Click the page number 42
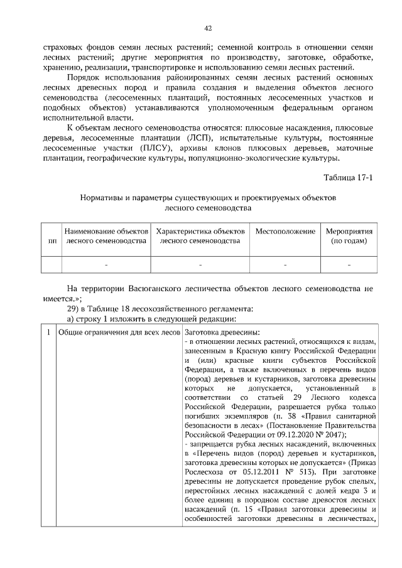tap(208, 28)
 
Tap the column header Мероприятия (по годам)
tap(349, 236)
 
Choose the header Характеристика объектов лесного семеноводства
tap(200, 236)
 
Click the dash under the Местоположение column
tap(285, 265)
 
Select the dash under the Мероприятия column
tap(349, 265)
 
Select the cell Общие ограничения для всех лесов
tap(118, 331)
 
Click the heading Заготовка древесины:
tap(219, 331)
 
